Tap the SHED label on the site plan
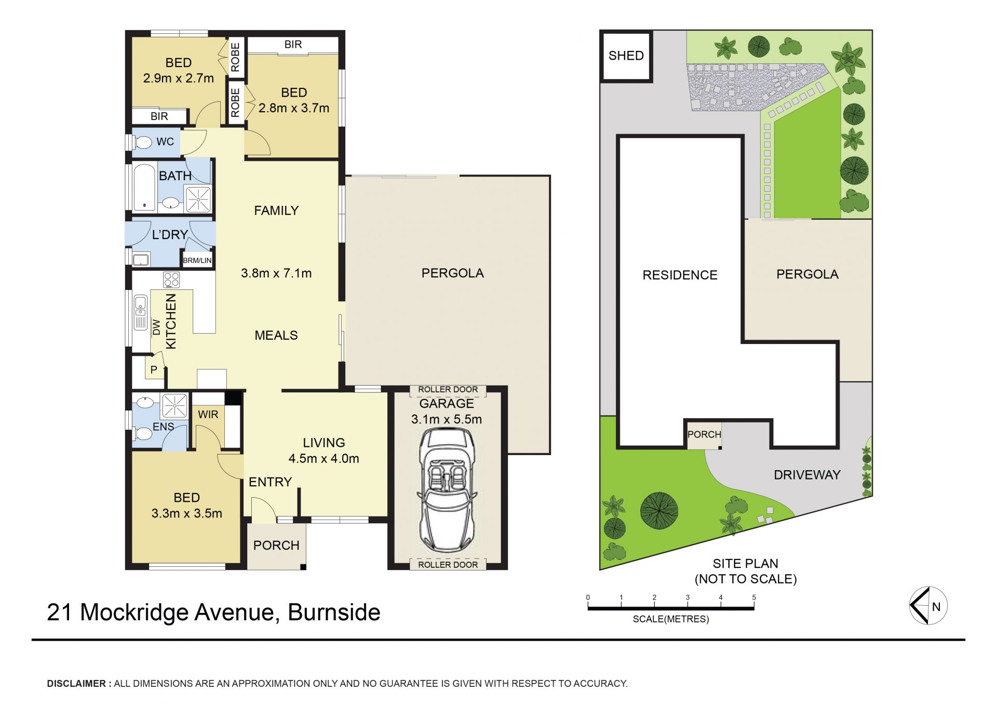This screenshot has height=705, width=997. (626, 56)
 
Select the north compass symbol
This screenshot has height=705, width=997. (928, 606)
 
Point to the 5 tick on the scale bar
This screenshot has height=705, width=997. (754, 597)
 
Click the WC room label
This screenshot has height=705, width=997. (165, 141)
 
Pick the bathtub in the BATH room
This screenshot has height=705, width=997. (144, 188)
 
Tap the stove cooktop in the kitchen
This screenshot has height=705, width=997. (171, 280)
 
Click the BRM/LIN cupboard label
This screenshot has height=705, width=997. (197, 260)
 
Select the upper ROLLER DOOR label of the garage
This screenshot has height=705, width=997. (448, 390)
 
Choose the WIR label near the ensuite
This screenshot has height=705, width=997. (208, 415)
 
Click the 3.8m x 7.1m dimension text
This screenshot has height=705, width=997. (276, 273)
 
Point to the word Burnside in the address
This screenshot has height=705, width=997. (334, 612)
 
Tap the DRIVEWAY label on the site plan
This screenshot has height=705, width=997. (807, 475)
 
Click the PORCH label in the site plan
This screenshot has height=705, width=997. (704, 434)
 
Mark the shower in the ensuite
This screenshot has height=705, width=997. (174, 406)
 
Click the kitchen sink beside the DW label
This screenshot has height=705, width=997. (140, 312)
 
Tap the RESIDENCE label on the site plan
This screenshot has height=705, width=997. (680, 275)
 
